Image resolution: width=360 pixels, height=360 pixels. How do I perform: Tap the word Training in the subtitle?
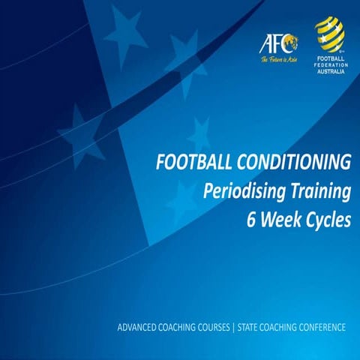click(x=316, y=191)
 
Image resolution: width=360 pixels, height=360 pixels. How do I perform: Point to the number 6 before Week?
click(x=251, y=220)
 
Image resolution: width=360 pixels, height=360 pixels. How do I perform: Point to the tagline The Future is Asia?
click(x=277, y=58)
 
